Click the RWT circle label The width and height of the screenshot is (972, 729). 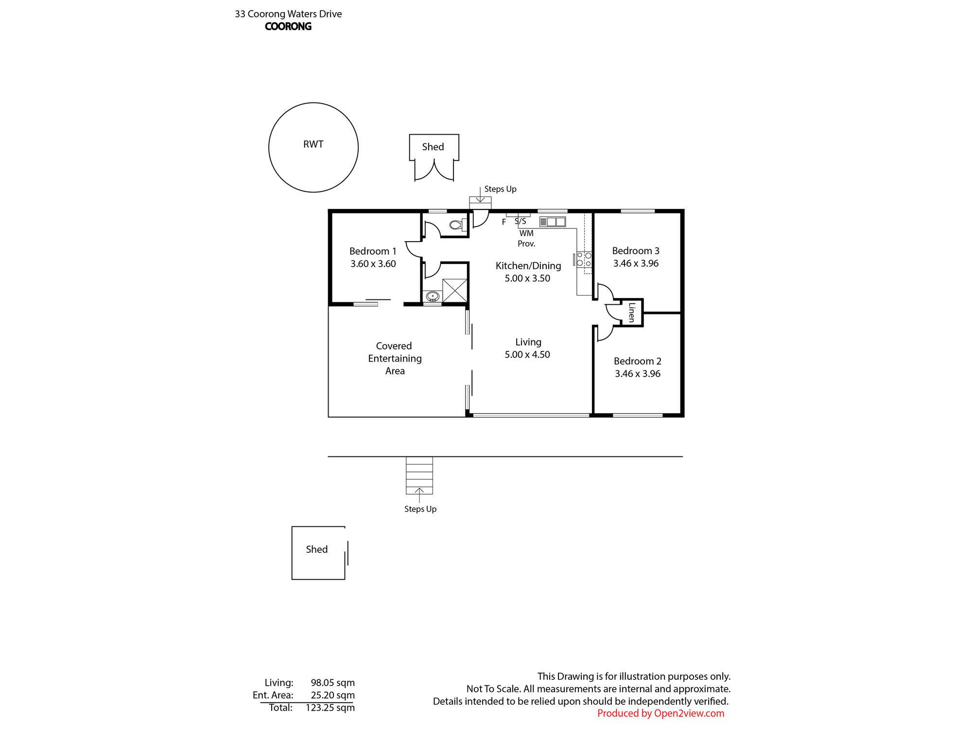coord(313,144)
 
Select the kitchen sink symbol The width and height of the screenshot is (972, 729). coord(552,222)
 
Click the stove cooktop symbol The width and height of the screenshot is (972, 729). coord(584,259)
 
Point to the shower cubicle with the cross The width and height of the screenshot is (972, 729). coord(455,291)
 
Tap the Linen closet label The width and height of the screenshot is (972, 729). coord(632,312)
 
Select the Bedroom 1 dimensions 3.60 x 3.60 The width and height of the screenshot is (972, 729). coord(373,264)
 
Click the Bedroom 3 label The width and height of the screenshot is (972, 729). coord(636,251)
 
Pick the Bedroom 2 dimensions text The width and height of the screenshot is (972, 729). coord(638,374)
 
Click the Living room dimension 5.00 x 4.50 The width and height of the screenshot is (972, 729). coord(527,355)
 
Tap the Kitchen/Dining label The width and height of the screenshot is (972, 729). coord(528,266)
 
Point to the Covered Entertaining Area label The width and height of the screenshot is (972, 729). coord(395,358)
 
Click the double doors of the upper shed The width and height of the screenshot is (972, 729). coord(434,170)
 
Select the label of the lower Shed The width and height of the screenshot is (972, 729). coord(317,549)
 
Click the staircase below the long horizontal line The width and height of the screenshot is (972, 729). coord(419,475)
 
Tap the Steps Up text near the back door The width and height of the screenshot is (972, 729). coord(500,189)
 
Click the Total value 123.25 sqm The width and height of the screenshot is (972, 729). coord(330,708)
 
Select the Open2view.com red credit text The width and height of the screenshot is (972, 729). coord(660,713)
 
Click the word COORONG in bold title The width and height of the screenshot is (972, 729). coord(288,27)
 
